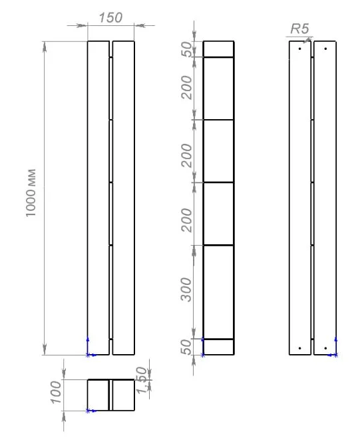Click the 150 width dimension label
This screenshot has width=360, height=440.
pyautogui.click(x=110, y=18)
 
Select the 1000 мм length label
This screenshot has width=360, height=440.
pyautogui.click(x=31, y=193)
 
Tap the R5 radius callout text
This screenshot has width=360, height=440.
pyautogui.click(x=299, y=29)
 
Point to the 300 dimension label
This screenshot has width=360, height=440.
pyautogui.click(x=186, y=290)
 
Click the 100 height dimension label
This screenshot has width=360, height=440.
pyautogui.click(x=56, y=392)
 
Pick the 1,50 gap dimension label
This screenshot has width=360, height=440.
pyautogui.click(x=142, y=380)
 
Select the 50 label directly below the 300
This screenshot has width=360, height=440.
pyautogui.click(x=186, y=347)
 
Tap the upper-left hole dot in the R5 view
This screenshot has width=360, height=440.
pyautogui.click(x=300, y=49)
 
